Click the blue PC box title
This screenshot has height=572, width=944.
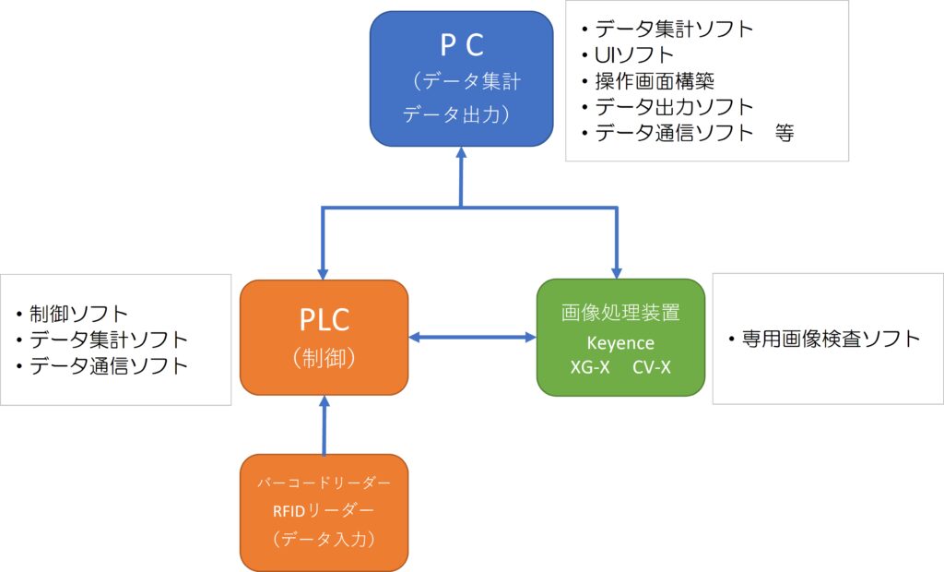(x=461, y=43)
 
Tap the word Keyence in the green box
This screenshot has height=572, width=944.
(x=620, y=343)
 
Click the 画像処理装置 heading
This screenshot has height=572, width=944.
(x=620, y=314)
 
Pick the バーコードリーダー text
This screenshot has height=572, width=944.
(x=323, y=483)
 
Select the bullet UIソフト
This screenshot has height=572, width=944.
(x=635, y=54)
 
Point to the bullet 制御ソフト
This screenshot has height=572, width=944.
(x=78, y=314)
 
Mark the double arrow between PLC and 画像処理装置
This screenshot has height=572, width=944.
(x=472, y=338)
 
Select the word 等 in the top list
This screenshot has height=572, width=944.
(x=784, y=132)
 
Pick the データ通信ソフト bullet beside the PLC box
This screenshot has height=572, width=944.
(x=108, y=365)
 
